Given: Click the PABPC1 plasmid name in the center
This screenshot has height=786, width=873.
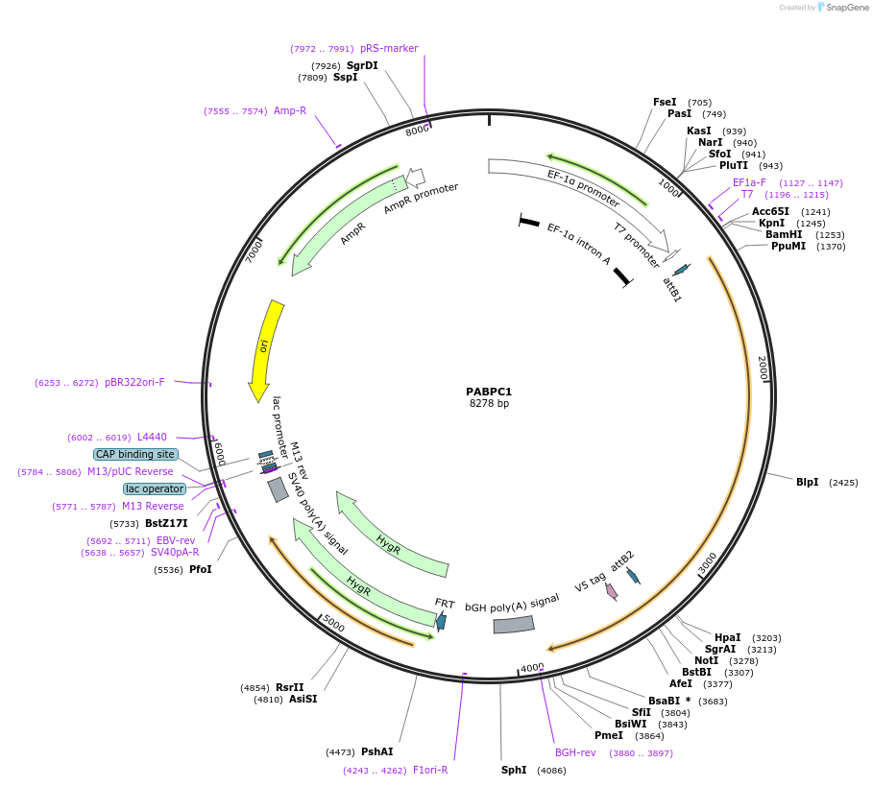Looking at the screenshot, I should click(489, 392).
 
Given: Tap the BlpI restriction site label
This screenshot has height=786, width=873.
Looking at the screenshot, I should click(807, 482).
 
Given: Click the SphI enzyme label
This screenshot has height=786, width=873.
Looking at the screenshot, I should click(514, 770).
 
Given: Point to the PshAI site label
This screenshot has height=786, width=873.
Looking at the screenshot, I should click(376, 751).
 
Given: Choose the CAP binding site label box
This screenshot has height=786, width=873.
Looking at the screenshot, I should click(135, 454).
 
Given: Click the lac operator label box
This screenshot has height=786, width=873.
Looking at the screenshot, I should click(155, 488).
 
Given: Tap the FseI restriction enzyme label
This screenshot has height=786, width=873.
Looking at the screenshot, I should click(665, 102).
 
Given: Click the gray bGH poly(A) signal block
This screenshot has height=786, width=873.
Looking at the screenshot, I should click(514, 625).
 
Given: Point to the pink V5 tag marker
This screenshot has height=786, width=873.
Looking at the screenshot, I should click(612, 592).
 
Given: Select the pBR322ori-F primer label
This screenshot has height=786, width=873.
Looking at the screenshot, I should click(134, 382).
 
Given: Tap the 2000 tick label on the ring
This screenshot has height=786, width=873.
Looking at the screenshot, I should click(763, 369).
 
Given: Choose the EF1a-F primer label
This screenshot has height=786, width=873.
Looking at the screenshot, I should click(749, 182).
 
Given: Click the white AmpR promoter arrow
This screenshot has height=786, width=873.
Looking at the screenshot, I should click(416, 178).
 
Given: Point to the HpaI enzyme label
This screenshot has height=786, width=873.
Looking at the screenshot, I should click(727, 637).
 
